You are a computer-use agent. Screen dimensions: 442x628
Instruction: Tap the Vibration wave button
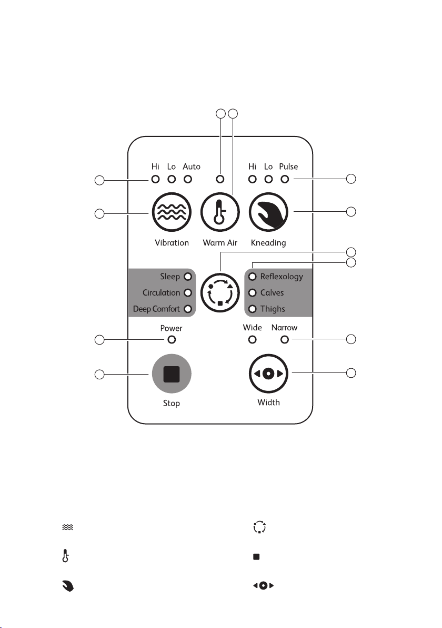pos(172,212)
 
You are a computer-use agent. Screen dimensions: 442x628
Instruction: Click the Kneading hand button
pos(268,212)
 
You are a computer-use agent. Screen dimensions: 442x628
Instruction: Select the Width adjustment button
pos(268,374)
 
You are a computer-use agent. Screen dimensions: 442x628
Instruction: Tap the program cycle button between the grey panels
pos(220,293)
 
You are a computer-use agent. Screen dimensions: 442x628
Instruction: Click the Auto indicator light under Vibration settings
pos(188,179)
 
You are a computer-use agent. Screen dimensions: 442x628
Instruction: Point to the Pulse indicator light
pos(284,179)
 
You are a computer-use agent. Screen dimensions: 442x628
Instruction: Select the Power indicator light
pos(172,340)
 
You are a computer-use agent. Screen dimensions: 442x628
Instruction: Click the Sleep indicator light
pos(188,277)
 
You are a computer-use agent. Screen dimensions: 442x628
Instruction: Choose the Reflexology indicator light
pos(253,277)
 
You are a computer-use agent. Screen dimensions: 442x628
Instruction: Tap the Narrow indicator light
pos(284,340)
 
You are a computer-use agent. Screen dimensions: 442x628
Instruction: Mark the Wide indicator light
pos(253,340)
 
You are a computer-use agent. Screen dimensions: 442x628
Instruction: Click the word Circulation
pos(161,293)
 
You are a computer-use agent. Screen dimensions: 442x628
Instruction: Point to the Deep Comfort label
pos(156,309)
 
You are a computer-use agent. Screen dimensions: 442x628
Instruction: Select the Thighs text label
pos(273,309)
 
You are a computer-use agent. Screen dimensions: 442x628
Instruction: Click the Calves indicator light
pos(253,293)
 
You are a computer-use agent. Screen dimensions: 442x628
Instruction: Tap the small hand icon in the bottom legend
pos(68,586)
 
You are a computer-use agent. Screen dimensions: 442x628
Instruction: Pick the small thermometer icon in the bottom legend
pos(66,556)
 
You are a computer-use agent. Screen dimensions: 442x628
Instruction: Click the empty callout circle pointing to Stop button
pos(99,375)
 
